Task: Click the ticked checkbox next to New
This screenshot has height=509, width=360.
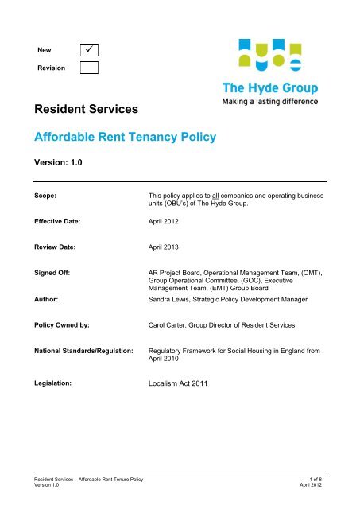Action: [x=89, y=50]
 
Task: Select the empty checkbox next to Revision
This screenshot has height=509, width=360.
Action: [x=89, y=68]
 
